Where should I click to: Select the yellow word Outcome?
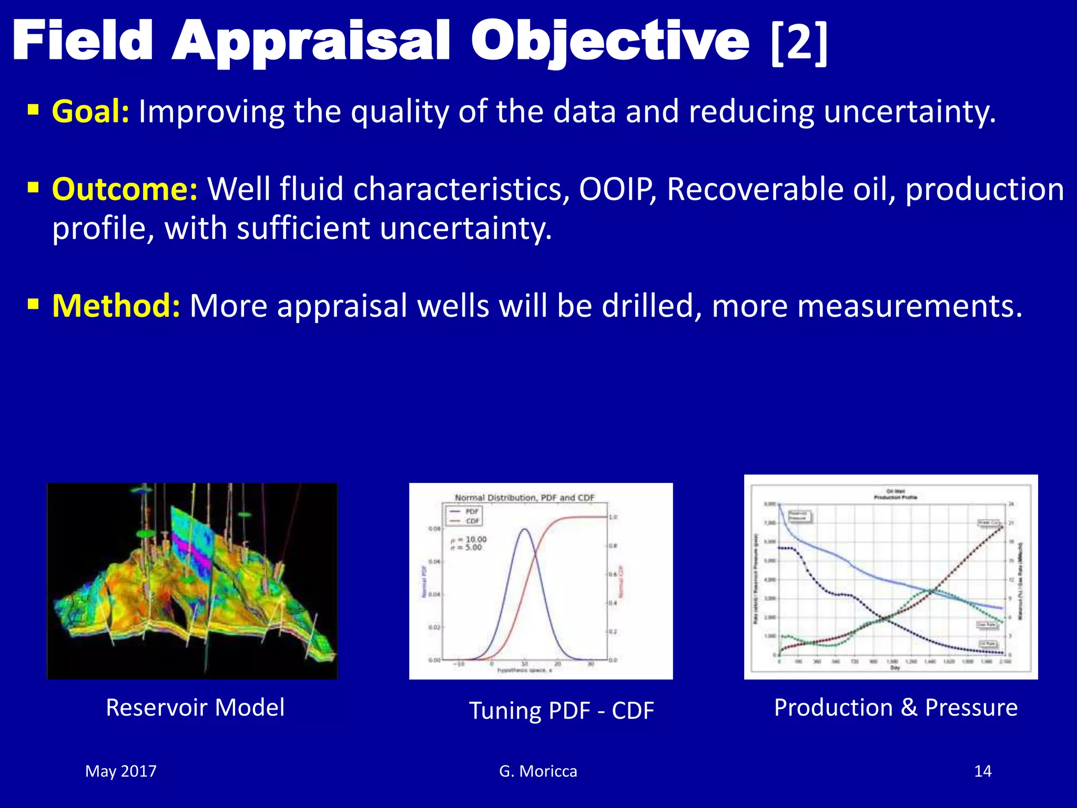(x=125, y=189)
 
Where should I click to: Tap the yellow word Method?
(x=116, y=306)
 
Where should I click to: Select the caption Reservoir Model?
(x=195, y=708)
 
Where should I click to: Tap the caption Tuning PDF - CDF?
(x=561, y=711)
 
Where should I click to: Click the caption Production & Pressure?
(x=896, y=708)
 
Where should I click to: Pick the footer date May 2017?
(x=121, y=771)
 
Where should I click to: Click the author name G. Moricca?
(x=538, y=771)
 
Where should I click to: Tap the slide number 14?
(x=982, y=771)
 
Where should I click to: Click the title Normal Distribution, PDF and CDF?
(x=524, y=498)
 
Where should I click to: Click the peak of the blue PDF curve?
(x=524, y=529)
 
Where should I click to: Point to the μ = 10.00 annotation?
(x=469, y=540)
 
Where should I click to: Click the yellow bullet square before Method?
(x=33, y=304)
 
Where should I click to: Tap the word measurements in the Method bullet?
(x=867, y=306)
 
